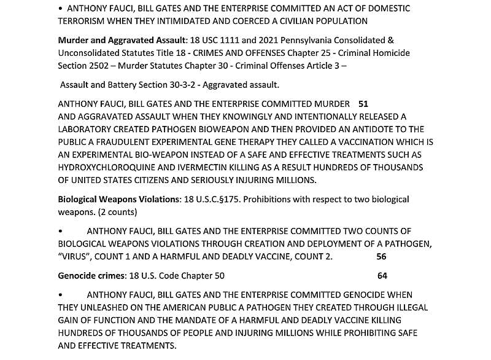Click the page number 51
coord(363,104)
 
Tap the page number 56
coord(381,257)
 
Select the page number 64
coord(382,276)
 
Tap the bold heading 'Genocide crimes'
coord(91,276)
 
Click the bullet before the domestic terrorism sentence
coord(61,9)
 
